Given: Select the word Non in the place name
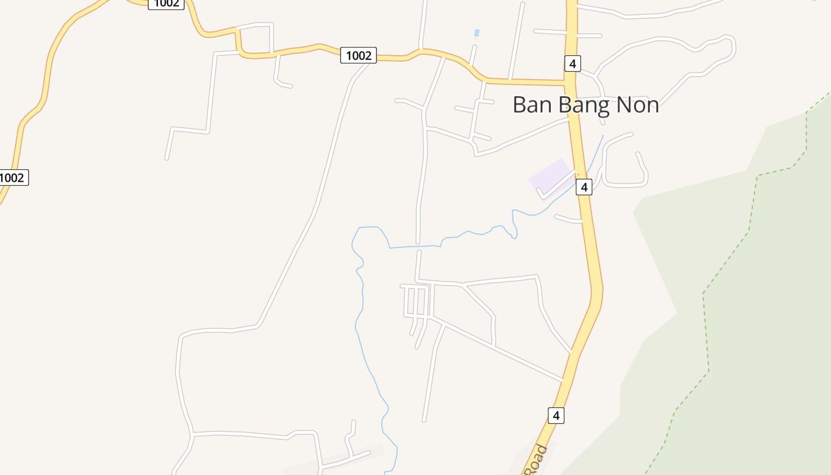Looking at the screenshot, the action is point(637,105).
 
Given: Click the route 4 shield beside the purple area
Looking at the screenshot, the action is point(584,187).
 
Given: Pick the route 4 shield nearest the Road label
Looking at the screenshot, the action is point(556,416).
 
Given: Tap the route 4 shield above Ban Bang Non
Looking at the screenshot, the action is point(572,64).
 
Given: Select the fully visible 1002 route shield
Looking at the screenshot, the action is point(359,56).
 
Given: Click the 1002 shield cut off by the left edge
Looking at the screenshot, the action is point(12,178).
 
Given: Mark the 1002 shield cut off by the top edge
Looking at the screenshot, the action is point(166,4).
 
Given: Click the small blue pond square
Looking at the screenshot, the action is point(477,33).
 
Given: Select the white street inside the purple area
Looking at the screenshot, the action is point(556,185).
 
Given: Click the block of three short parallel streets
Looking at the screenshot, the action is point(415,302).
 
